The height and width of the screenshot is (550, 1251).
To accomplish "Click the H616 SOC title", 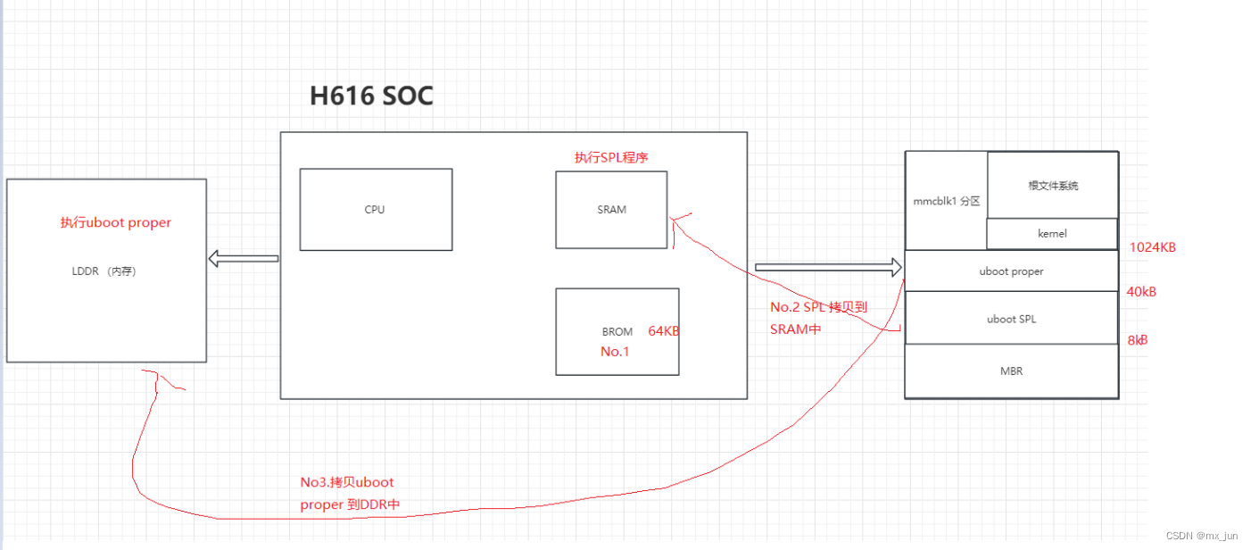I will [371, 96].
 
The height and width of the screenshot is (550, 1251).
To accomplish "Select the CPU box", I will [376, 210].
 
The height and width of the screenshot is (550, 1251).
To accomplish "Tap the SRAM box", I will [611, 210].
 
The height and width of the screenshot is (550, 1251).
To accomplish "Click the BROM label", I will [617, 331].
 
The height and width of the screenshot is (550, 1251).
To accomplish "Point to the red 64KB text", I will [664, 331].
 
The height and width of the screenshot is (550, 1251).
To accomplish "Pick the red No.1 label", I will [615, 352].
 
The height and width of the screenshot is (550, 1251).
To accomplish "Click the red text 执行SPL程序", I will [611, 157].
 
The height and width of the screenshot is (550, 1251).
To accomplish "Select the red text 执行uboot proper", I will [115, 222].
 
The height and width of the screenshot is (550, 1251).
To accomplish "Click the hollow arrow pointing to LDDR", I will [243, 259].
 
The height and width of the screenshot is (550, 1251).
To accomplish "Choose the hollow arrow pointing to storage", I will [829, 267].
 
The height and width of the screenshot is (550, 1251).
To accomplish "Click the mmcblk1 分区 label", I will [946, 201].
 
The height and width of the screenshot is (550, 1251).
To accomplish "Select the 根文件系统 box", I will [1053, 186].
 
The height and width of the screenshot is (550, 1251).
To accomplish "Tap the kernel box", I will [1052, 234].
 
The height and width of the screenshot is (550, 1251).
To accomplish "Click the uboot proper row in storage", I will [1011, 271].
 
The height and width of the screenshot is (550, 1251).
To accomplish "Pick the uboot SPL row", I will [1011, 319].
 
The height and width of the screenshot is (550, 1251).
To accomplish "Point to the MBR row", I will [1011, 371].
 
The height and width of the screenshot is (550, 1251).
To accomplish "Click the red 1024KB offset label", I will [1152, 247].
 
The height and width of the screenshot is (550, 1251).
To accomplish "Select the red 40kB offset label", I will [1141, 292].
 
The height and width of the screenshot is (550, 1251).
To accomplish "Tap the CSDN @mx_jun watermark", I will [1202, 536].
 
